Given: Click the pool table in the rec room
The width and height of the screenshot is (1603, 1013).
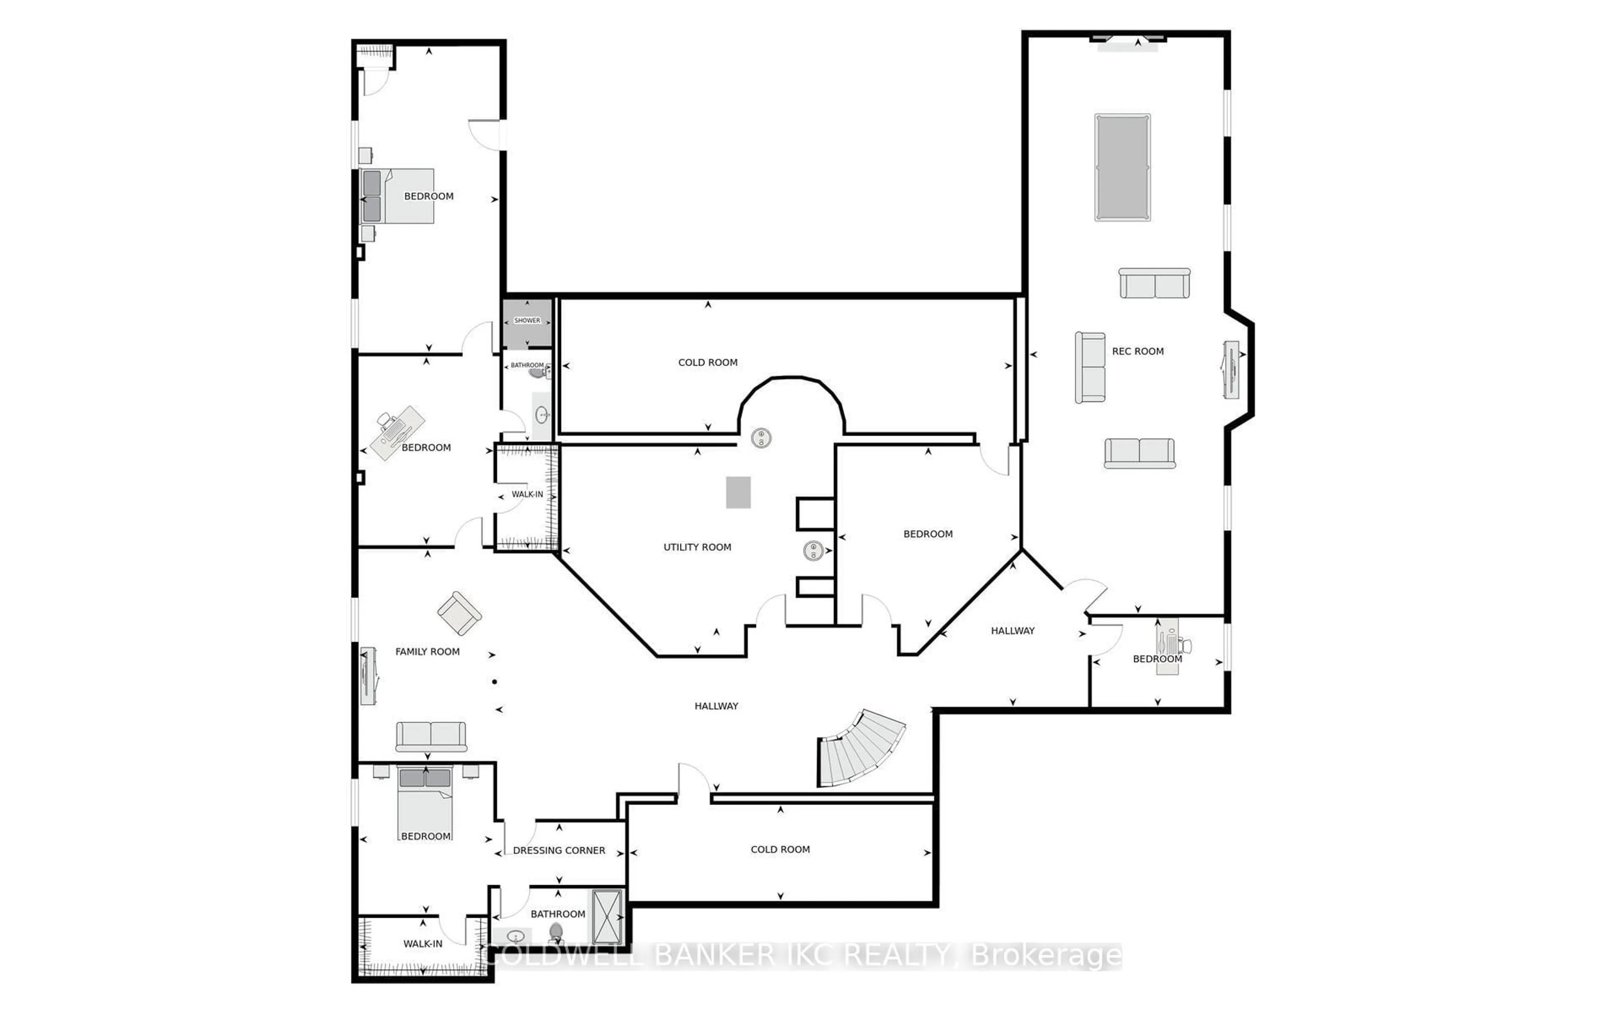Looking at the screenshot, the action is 1123,167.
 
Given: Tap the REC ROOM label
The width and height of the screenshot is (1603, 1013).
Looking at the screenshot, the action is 1138,351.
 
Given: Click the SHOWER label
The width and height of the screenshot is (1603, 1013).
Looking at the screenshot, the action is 527,320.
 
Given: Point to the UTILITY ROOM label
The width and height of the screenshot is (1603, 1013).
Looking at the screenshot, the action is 697,547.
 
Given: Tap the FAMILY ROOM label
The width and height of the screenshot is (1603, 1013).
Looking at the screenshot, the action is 427,651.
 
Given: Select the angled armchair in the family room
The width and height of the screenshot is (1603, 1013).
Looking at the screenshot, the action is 459,613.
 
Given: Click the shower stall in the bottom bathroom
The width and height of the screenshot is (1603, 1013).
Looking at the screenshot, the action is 607,917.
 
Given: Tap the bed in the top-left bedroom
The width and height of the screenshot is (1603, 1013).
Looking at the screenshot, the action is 397,196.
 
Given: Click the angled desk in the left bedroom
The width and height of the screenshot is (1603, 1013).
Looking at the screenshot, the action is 397,433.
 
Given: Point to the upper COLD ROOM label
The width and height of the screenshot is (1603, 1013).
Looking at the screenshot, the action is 708,362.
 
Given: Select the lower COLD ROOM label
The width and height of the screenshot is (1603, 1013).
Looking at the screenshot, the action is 780,849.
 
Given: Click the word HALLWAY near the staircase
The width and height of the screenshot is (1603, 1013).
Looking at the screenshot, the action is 716,706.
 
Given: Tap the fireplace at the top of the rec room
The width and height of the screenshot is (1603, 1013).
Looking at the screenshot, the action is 1128,41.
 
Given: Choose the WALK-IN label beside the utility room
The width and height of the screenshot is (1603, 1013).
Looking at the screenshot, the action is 527,494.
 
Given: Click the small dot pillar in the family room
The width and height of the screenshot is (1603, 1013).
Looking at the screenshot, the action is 495,681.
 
